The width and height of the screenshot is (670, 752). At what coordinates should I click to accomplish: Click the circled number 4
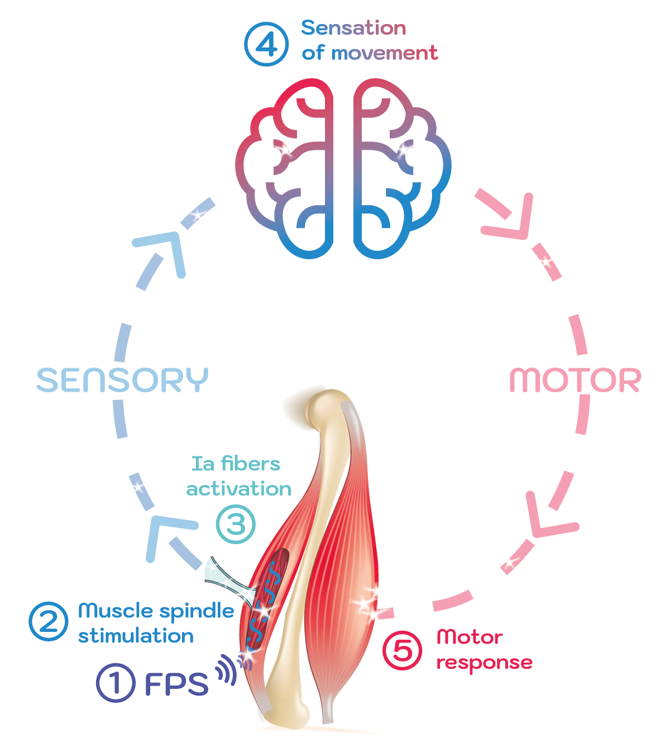pyautogui.click(x=266, y=44)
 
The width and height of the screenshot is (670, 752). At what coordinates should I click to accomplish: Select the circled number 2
pyautogui.click(x=49, y=621)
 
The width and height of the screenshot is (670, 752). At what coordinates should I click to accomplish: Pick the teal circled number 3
pyautogui.click(x=236, y=524)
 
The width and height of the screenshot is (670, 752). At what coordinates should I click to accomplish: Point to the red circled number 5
pyautogui.click(x=403, y=650)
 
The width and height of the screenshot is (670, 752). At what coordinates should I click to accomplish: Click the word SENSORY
pyautogui.click(x=122, y=380)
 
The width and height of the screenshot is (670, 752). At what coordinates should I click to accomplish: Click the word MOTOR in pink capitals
pyautogui.click(x=575, y=380)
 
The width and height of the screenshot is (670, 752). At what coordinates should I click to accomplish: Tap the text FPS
pyautogui.click(x=176, y=684)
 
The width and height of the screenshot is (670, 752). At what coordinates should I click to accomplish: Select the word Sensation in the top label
pyautogui.click(x=353, y=28)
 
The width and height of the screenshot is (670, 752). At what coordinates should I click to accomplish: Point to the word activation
pyautogui.click(x=239, y=489)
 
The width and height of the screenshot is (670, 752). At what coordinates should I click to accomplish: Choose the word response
pyautogui.click(x=484, y=663)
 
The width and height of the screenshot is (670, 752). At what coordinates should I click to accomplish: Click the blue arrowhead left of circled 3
pyautogui.click(x=165, y=534)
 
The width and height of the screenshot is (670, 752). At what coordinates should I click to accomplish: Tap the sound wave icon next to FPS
pyautogui.click(x=228, y=669)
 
